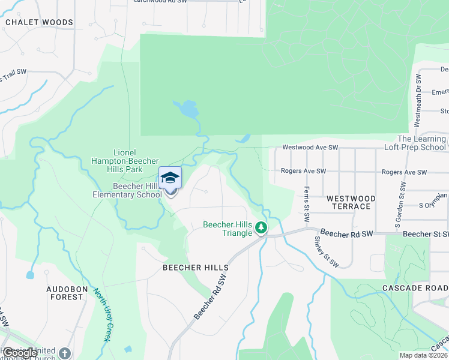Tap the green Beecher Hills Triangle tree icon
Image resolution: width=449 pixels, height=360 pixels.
tap(261, 227)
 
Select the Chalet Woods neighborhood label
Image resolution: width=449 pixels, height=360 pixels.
tap(39, 22)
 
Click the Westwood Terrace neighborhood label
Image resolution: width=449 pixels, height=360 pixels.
tap(351, 202)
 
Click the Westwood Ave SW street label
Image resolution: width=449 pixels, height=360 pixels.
tap(311, 147)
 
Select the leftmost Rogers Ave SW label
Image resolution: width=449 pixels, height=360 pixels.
tap(304, 171)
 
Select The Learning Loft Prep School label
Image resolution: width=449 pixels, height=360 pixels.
tap(414, 143)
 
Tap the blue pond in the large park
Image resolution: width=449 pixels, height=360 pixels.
tap(187, 109)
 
